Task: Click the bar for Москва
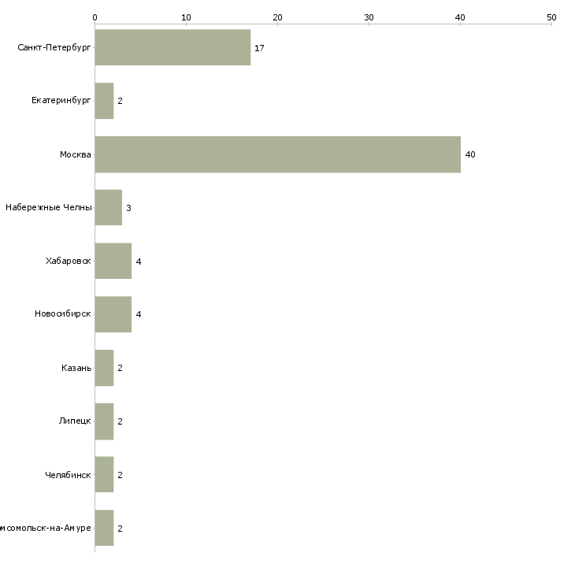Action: click(x=277, y=154)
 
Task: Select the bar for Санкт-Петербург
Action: click(x=172, y=47)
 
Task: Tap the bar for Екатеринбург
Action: click(x=104, y=101)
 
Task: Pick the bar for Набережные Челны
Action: click(x=108, y=208)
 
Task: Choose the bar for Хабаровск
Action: click(x=113, y=261)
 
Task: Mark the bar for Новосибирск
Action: click(x=113, y=314)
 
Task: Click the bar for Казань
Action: click(x=104, y=368)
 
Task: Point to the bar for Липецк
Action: click(x=104, y=421)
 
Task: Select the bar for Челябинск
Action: click(x=104, y=475)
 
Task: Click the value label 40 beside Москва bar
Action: click(x=470, y=154)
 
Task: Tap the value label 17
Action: click(x=259, y=48)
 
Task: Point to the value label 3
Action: click(x=128, y=208)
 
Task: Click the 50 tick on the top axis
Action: click(x=551, y=17)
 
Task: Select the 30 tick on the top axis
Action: click(x=369, y=17)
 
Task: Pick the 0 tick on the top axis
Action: click(x=95, y=17)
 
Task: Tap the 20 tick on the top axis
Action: click(x=277, y=17)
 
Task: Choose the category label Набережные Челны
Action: click(x=49, y=208)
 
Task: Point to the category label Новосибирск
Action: click(x=63, y=314)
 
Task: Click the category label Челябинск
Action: click(x=68, y=475)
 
